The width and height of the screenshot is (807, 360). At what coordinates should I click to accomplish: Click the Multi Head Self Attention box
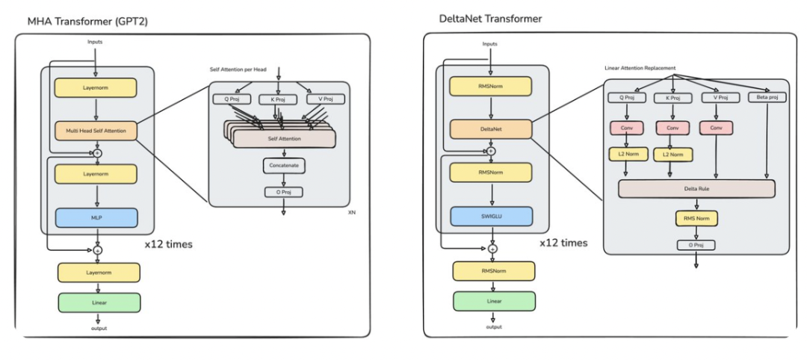pyautogui.click(x=96, y=131)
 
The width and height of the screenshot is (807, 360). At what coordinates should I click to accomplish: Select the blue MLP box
pyautogui.click(x=96, y=217)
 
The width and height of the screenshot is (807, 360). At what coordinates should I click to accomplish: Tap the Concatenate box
pyautogui.click(x=284, y=166)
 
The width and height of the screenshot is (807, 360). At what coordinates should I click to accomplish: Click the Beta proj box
pyautogui.click(x=767, y=97)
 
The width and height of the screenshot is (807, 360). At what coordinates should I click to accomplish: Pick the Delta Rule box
pyautogui.click(x=696, y=189)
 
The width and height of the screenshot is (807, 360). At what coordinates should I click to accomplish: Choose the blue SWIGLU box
pyautogui.click(x=492, y=217)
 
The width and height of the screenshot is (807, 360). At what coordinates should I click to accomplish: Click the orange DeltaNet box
pyautogui.click(x=491, y=129)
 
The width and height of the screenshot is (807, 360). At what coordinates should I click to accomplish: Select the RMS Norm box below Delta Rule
pyautogui.click(x=696, y=218)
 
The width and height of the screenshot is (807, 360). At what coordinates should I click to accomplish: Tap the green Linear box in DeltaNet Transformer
pyautogui.click(x=494, y=302)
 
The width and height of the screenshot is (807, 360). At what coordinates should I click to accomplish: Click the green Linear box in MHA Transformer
pyautogui.click(x=99, y=302)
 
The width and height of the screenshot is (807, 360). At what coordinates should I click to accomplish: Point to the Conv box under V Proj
pyautogui.click(x=716, y=128)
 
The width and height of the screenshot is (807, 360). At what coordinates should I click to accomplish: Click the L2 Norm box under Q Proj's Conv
pyautogui.click(x=628, y=154)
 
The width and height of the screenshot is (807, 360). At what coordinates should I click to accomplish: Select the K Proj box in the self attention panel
pyautogui.click(x=279, y=99)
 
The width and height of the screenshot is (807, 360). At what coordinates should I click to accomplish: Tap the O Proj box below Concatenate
pyautogui.click(x=284, y=193)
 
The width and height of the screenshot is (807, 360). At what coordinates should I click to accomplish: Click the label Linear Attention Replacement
pyautogui.click(x=640, y=69)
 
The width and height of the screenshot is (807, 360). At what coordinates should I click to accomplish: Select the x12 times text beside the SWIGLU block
pyautogui.click(x=563, y=243)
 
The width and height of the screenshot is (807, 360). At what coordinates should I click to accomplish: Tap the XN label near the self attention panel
pyautogui.click(x=352, y=212)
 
